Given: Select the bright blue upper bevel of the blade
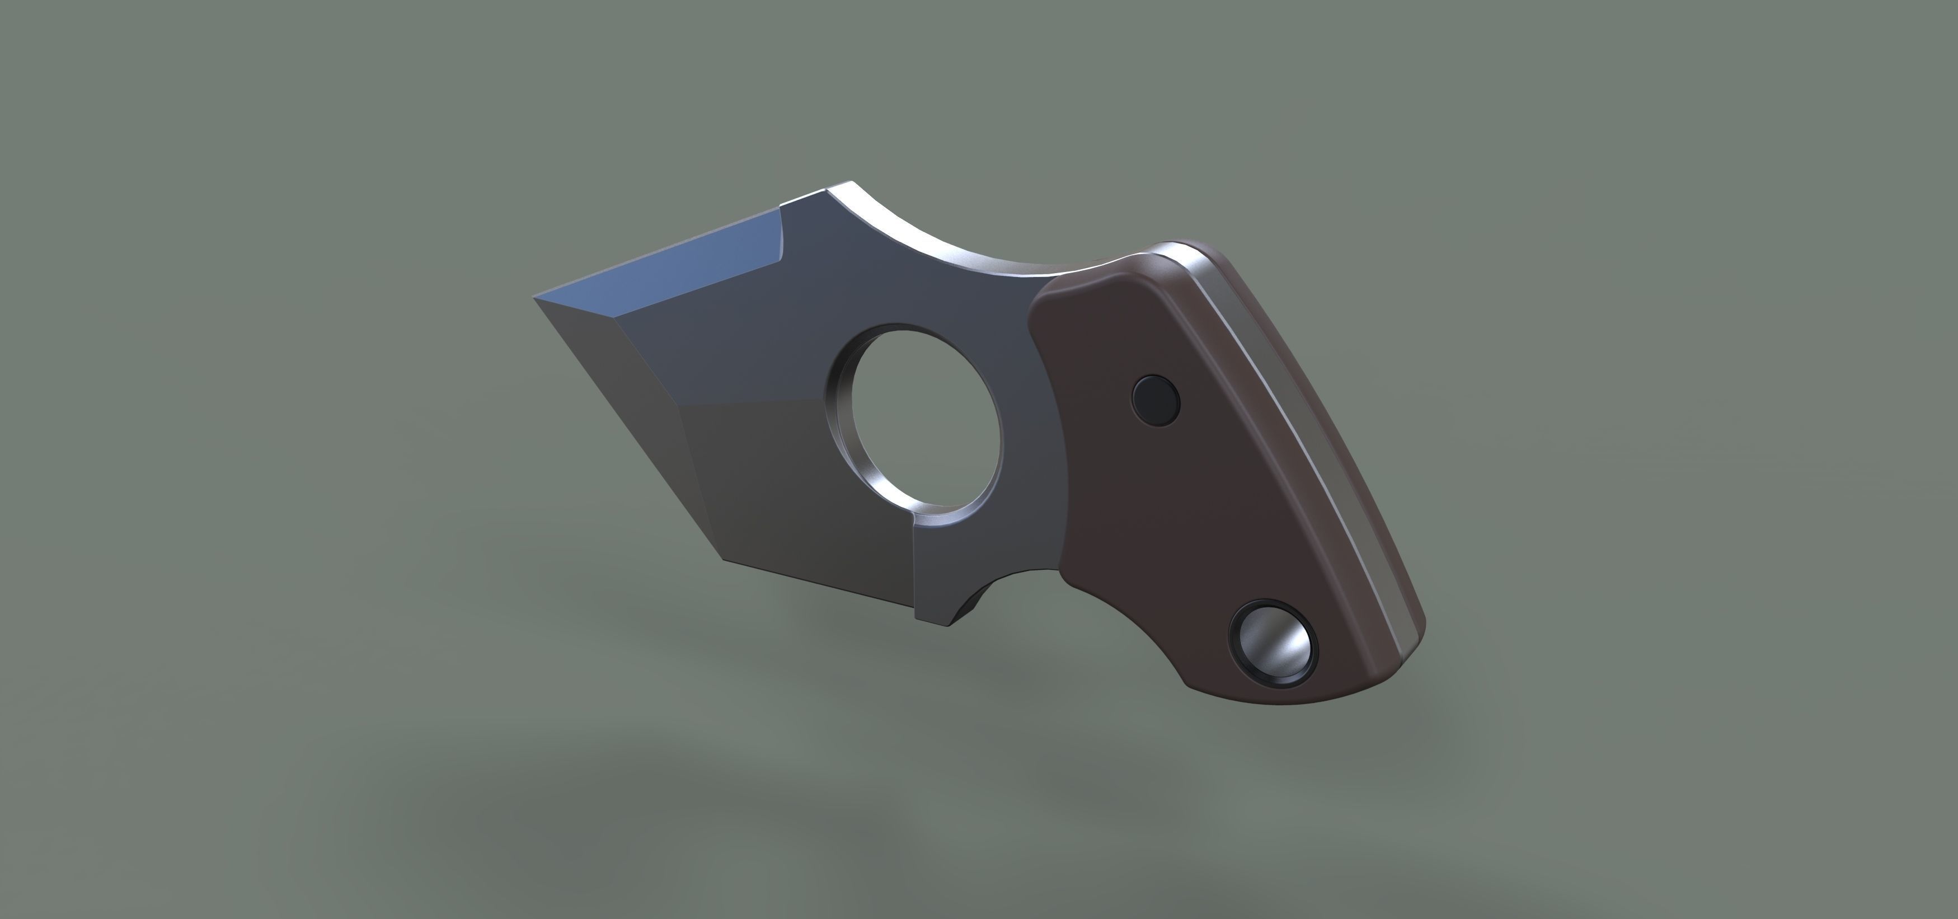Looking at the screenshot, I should pyautogui.click(x=669, y=262).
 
